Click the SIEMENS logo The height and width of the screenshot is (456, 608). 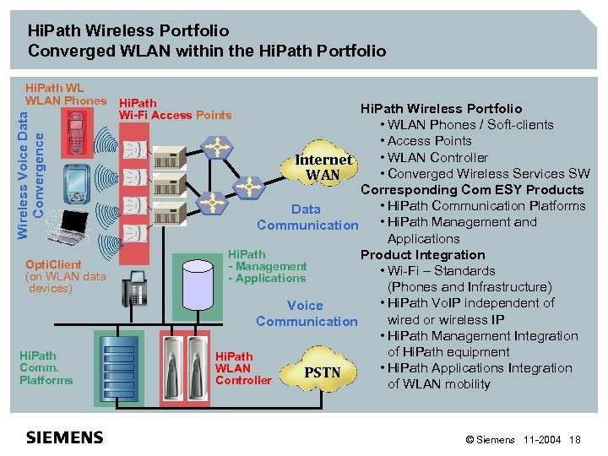point(65,437)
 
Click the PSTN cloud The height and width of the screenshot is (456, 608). point(322,372)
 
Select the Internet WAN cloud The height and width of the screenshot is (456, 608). point(323,166)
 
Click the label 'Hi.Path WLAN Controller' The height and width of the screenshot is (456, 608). point(243,368)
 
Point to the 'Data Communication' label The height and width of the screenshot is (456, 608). point(307,217)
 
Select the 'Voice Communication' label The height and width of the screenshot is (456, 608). point(306,313)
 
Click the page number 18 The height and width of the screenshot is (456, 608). point(575,439)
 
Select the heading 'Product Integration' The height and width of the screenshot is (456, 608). point(422,254)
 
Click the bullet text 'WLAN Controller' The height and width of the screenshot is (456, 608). point(437,157)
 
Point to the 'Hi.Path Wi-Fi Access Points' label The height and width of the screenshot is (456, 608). point(175,109)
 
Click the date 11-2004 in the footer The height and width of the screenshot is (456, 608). point(542,439)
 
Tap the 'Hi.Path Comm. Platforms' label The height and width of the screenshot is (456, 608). point(46,368)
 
